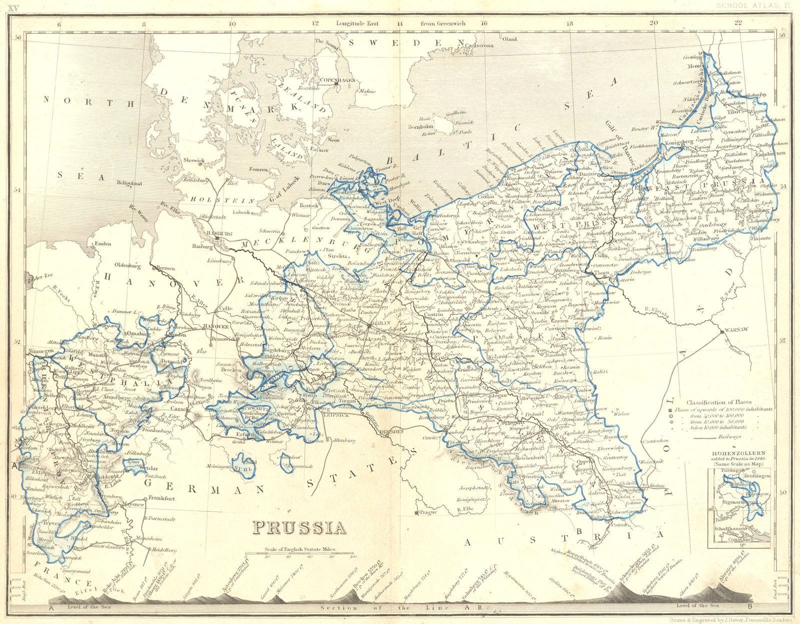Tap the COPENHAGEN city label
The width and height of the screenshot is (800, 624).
point(337,80)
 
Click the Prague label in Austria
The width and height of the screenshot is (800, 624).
point(428,512)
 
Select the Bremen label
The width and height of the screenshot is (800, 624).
point(165,268)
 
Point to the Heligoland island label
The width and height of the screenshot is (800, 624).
point(129,184)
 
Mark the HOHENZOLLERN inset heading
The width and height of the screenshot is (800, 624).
point(738,453)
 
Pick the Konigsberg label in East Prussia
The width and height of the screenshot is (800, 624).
point(679,141)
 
